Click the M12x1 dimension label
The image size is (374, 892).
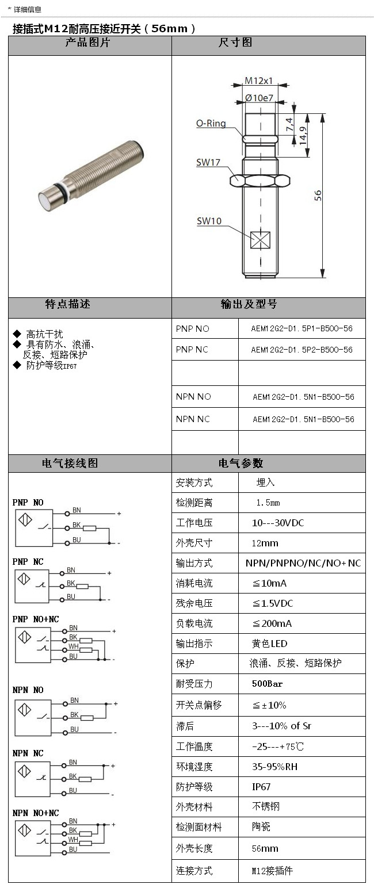click(x=259, y=81)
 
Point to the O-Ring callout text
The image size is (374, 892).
click(x=211, y=123)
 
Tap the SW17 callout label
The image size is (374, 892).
click(x=208, y=163)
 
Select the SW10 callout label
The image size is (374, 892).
click(x=209, y=221)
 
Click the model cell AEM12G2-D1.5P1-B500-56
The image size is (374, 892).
click(x=302, y=328)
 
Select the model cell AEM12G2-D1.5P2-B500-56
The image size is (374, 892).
click(x=302, y=350)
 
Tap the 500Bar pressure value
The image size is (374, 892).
click(x=268, y=684)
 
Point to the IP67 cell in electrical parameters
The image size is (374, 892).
click(x=261, y=787)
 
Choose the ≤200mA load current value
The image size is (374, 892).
click(x=272, y=623)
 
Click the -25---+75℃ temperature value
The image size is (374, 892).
click(x=278, y=746)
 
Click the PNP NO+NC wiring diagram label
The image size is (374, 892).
click(x=36, y=619)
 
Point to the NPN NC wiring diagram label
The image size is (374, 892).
click(x=28, y=753)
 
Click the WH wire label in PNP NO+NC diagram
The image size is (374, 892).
click(x=74, y=646)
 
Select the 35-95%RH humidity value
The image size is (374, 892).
click(x=275, y=767)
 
